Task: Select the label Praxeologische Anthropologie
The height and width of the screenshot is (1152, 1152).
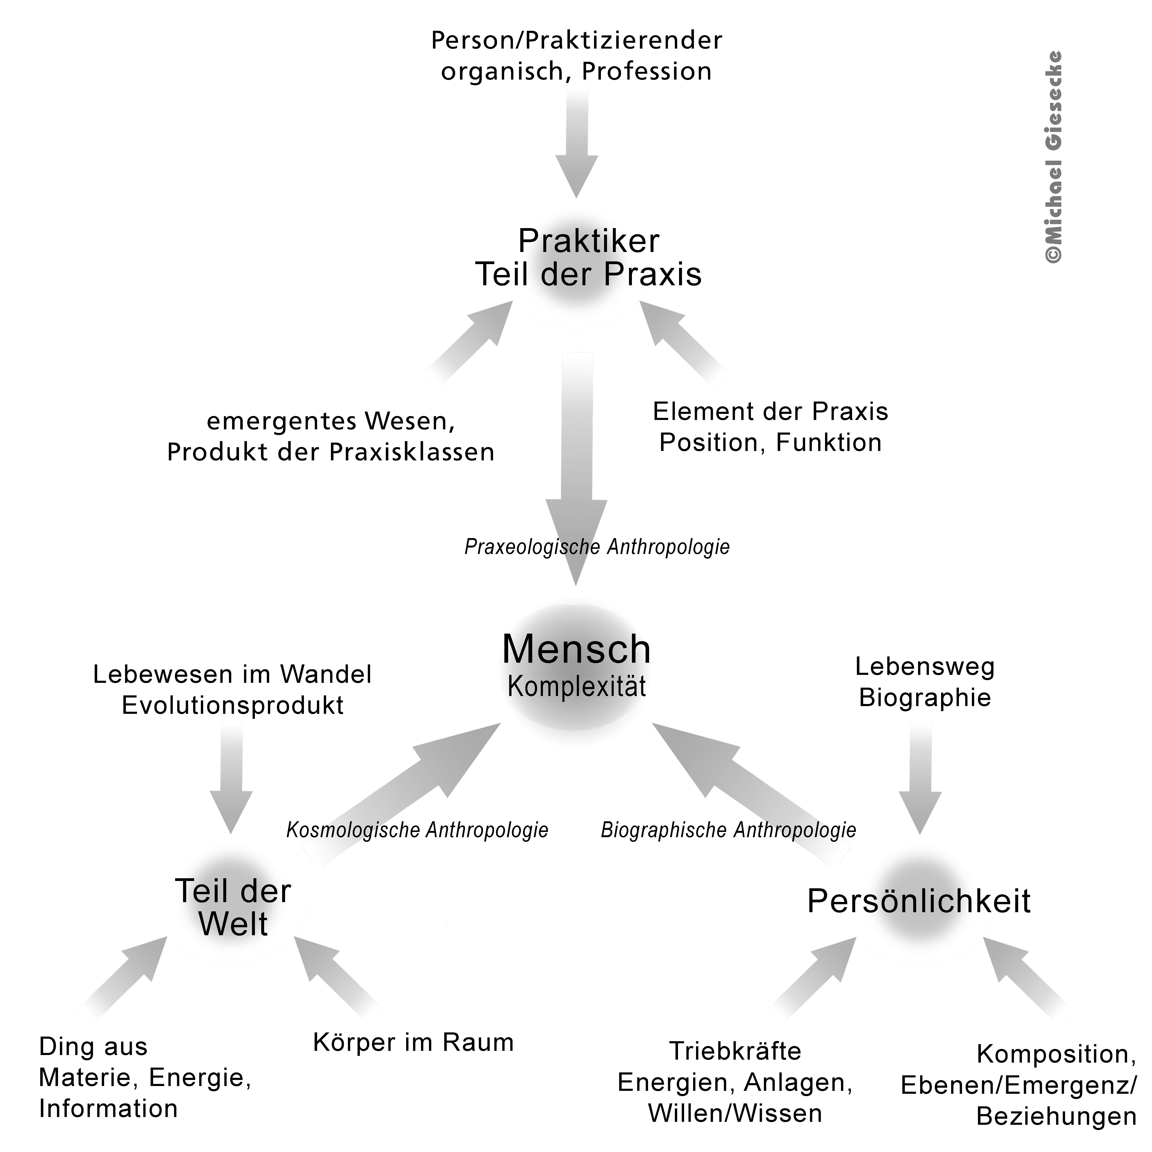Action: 597,547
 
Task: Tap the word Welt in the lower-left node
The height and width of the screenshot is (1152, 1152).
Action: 233,924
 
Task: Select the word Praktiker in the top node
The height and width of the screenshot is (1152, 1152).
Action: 589,242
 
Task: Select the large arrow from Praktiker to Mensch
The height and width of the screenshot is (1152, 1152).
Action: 577,465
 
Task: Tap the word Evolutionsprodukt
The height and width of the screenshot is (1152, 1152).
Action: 232,705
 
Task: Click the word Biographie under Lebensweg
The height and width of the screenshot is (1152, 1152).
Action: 925,698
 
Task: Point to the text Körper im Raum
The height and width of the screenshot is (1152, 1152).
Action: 413,1042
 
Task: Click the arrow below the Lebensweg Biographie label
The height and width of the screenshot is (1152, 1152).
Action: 920,775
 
